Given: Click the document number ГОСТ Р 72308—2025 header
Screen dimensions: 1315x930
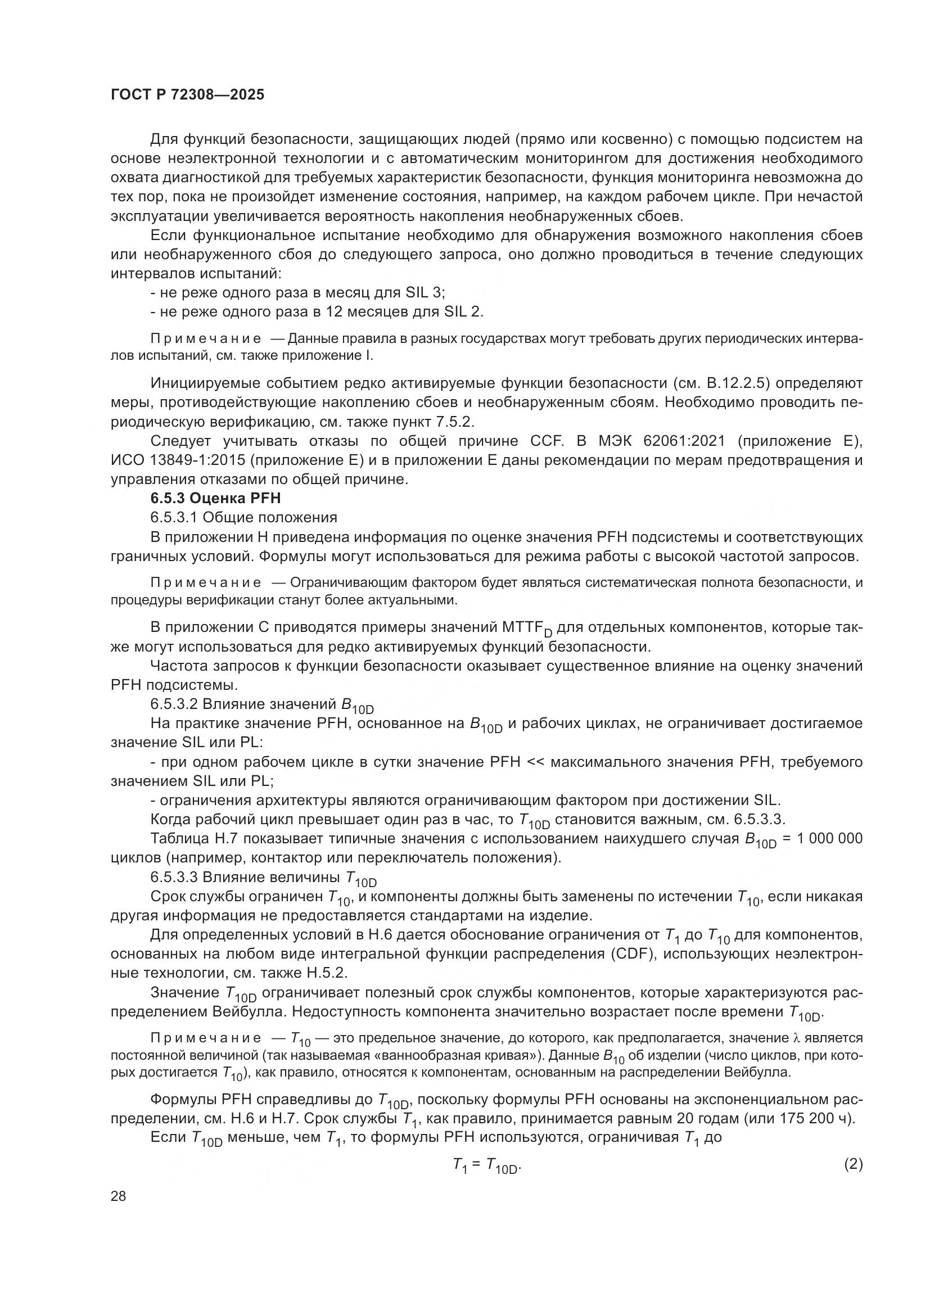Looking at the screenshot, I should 187,95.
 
